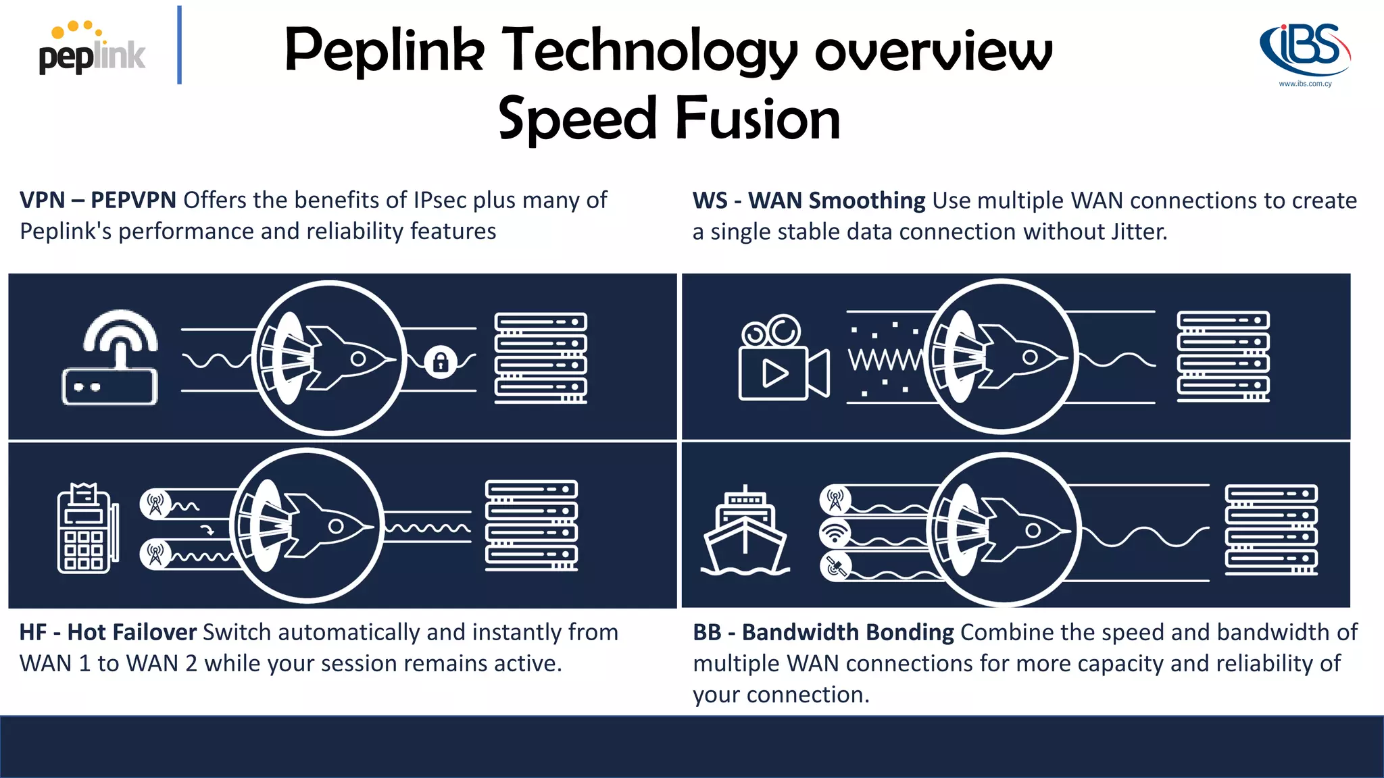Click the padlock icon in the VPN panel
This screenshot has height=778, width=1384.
tap(441, 362)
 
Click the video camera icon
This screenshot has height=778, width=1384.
tap(783, 359)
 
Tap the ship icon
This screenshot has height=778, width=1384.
tap(745, 532)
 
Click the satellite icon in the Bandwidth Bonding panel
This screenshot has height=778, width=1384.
tap(835, 566)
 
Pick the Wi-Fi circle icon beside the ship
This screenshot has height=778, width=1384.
tap(835, 533)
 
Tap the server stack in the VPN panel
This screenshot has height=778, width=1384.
tap(541, 358)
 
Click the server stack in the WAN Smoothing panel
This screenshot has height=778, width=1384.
tap(1222, 357)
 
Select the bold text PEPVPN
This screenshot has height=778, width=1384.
tap(133, 201)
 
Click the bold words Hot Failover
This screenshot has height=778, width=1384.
tap(132, 632)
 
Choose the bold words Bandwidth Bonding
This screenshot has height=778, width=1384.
tap(847, 632)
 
